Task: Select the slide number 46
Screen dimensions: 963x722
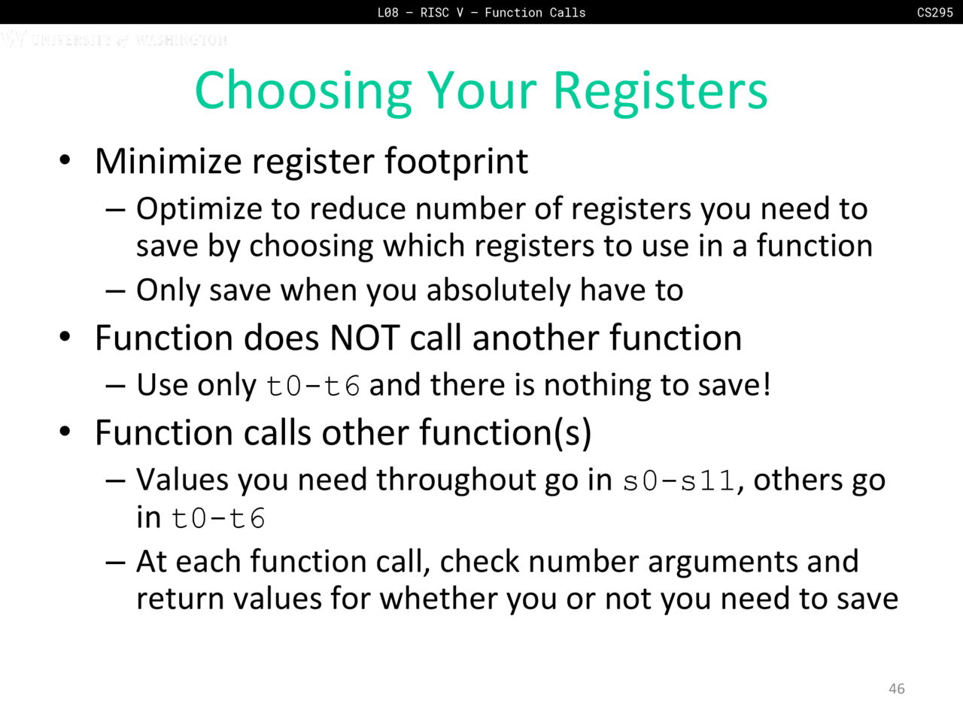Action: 896,688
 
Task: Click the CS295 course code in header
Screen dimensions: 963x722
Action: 934,12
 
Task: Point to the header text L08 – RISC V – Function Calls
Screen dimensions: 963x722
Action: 481,12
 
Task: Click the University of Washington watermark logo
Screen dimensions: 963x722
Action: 114,39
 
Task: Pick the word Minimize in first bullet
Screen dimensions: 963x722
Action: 168,161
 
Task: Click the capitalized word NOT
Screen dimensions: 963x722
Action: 365,338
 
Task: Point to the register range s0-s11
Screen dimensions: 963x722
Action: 679,481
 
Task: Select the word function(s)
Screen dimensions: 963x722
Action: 506,434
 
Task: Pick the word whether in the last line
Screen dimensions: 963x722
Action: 439,599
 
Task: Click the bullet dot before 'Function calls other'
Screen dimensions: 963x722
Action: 65,432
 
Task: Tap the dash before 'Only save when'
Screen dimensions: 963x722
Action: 115,292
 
